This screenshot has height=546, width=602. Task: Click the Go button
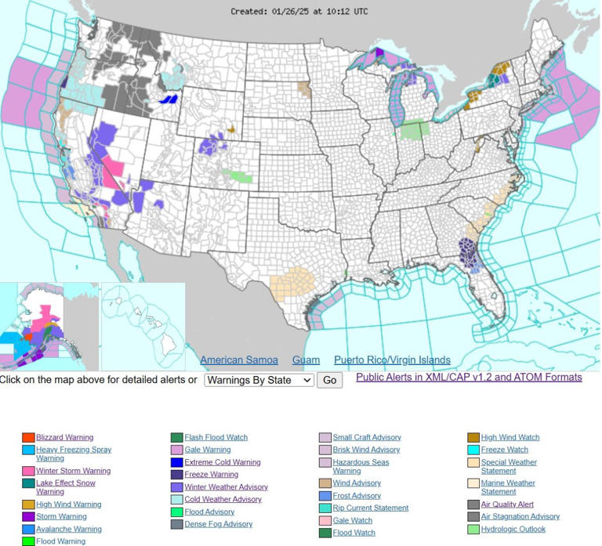pos(330,380)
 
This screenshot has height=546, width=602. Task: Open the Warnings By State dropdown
pos(259,380)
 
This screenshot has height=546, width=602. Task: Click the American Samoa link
pos(239,360)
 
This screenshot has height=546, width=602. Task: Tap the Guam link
pos(306,360)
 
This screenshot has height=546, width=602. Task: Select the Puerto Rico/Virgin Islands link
pos(392,360)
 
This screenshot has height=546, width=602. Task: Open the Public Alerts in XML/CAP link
pos(469,377)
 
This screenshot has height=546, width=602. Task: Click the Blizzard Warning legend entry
pos(64,437)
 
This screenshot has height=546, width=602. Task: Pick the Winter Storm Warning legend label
pos(73,471)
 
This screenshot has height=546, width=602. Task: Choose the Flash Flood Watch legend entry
pos(216,437)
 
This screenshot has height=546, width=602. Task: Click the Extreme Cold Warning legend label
pos(222,462)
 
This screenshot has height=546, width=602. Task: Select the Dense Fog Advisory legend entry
pos(218,524)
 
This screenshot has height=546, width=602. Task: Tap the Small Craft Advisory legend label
pos(366,437)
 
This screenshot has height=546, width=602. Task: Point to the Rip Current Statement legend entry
pos(370,508)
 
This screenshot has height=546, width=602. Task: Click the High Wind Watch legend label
pos(510,437)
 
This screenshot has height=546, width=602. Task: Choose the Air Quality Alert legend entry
pos(507,504)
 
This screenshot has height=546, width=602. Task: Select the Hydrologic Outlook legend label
pos(513,529)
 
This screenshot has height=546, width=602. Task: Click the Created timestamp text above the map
pos(299,12)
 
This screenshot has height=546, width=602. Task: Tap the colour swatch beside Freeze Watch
pos(473,450)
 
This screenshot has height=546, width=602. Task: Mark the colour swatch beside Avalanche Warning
pos(28,530)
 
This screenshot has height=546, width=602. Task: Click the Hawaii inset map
pos(143,325)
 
